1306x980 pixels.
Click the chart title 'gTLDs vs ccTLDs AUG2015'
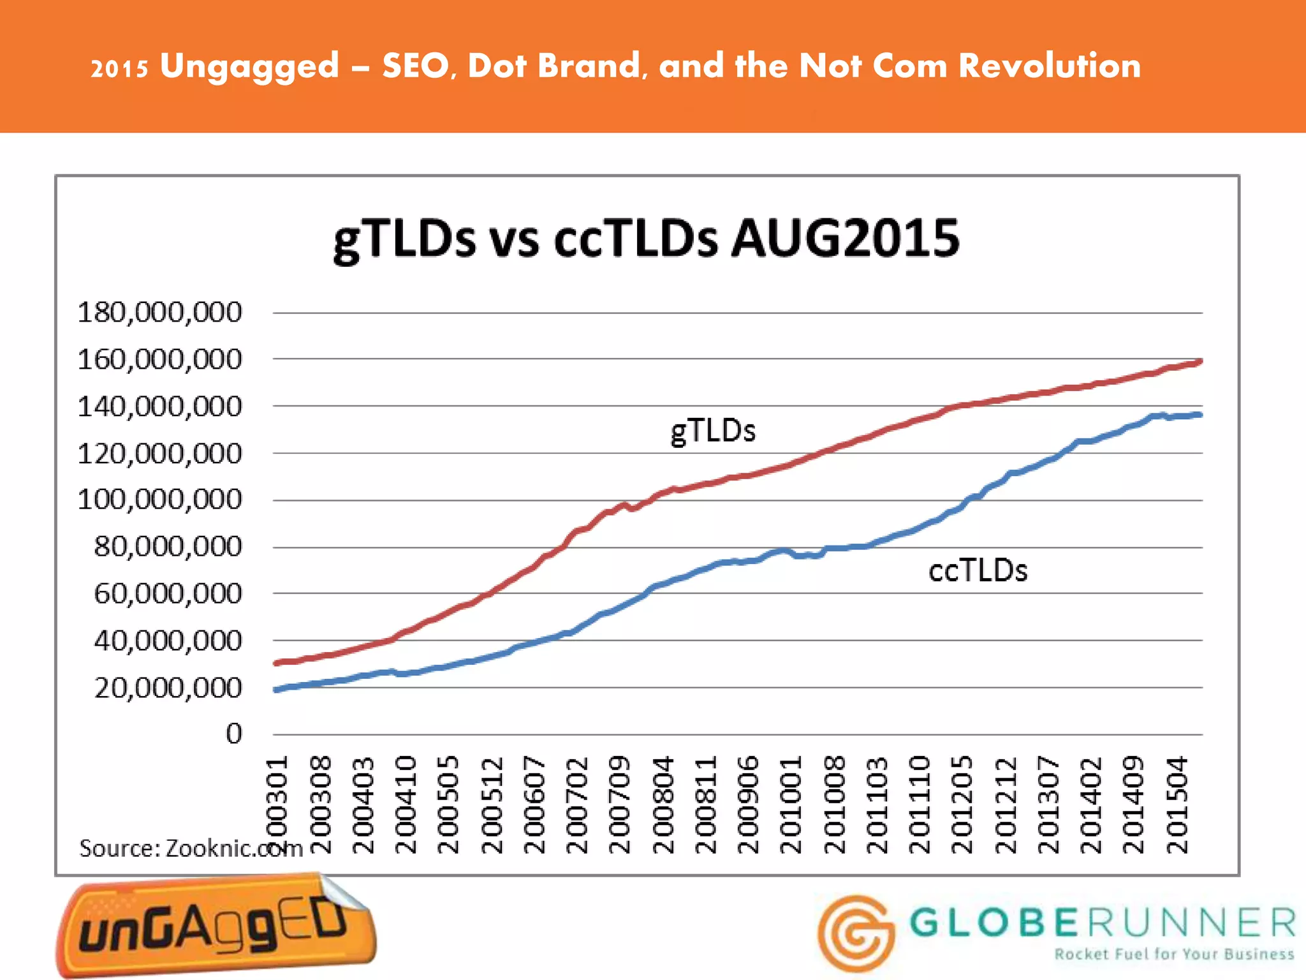click(x=646, y=239)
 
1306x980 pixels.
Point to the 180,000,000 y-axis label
click(x=159, y=313)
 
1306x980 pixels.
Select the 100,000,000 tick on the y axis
click(x=159, y=500)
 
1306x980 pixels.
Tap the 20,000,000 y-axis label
click(x=168, y=688)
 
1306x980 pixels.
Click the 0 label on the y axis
click(x=234, y=734)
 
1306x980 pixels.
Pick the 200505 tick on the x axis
click(x=448, y=805)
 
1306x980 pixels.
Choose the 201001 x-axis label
click(x=791, y=805)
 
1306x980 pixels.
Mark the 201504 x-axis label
click(x=1177, y=805)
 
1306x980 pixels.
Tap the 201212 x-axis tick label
click(x=1005, y=805)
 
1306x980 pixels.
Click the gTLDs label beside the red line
click(x=713, y=431)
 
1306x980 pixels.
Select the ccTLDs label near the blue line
click(x=978, y=570)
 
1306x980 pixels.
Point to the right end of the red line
click(x=1200, y=362)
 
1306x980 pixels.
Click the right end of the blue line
click(x=1200, y=415)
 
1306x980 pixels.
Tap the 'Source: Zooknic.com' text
click(x=190, y=849)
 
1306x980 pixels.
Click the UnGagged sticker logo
click(x=216, y=925)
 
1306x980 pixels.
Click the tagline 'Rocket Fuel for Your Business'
click(x=1174, y=954)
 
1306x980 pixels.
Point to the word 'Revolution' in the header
click(x=1049, y=66)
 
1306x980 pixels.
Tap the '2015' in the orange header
click(x=119, y=68)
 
